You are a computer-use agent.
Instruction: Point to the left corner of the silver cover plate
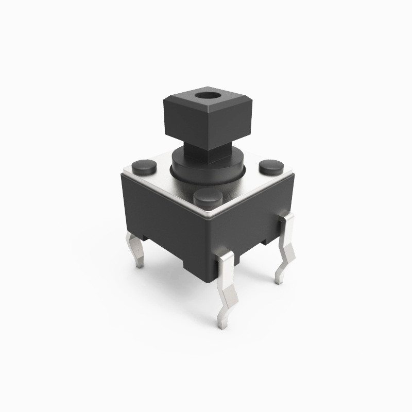click(x=123, y=173)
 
